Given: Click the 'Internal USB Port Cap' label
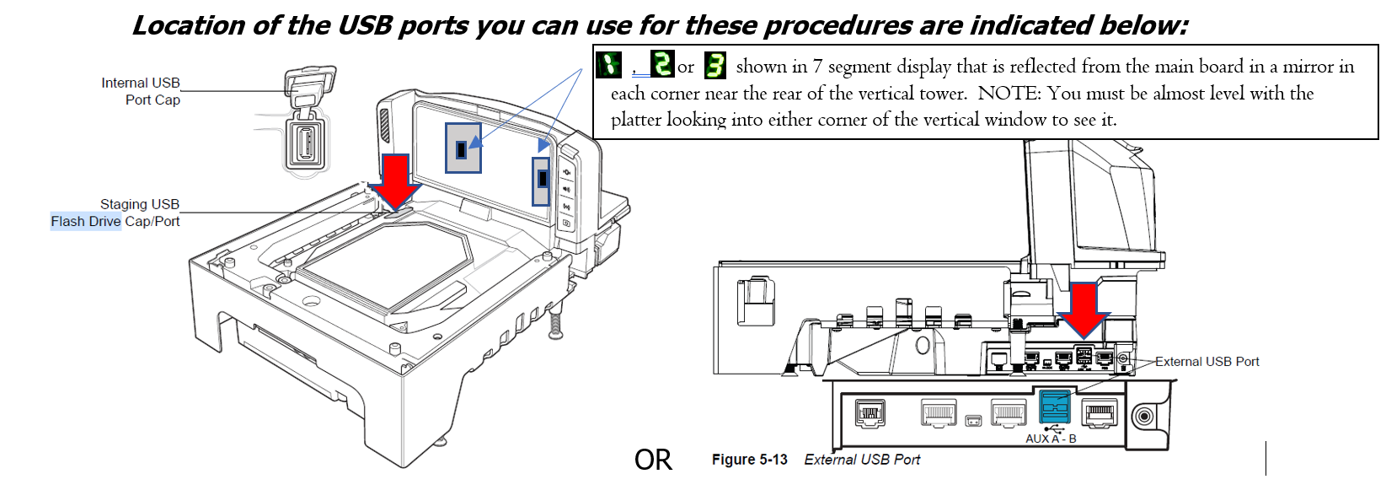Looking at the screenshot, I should tap(141, 91).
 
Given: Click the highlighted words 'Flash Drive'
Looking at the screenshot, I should tap(85, 222).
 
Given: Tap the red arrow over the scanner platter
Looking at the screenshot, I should tap(396, 180).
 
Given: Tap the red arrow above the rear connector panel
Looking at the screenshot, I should tap(1084, 310).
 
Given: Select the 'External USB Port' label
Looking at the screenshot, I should tap(1207, 362).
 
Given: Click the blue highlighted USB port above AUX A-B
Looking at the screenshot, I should tap(1055, 407).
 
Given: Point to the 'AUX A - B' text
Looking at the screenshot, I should tap(1051, 439).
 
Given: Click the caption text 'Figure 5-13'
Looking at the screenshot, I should tap(749, 460).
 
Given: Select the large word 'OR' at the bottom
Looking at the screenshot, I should tap(653, 460).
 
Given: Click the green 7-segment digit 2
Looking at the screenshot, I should tap(662, 64).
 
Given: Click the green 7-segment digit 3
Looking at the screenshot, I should tap(714, 65).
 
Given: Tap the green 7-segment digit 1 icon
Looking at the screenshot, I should tap(608, 65).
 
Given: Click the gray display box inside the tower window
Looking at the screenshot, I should tap(463, 148).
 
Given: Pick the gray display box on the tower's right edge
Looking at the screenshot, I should tap(541, 180).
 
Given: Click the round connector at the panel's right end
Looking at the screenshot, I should tap(1143, 416).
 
